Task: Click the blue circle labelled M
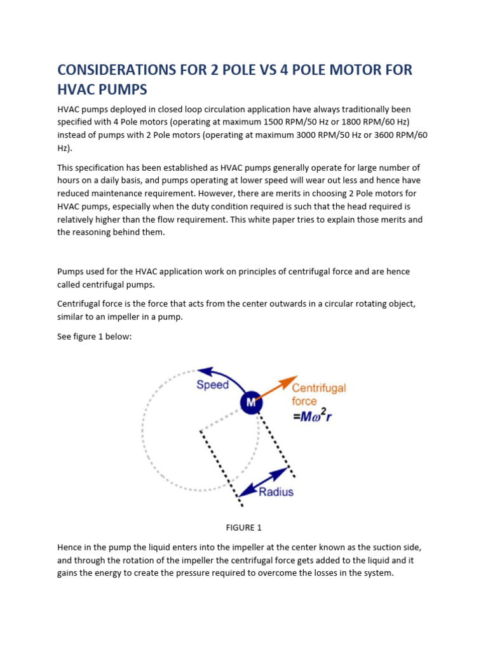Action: coord(251,402)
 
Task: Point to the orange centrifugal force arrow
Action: coord(274,389)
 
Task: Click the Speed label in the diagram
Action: coord(212,385)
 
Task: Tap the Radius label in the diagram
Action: coord(276,491)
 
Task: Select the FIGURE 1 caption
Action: coord(243,527)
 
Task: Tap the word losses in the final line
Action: coord(323,573)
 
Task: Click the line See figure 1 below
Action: coord(94,336)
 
